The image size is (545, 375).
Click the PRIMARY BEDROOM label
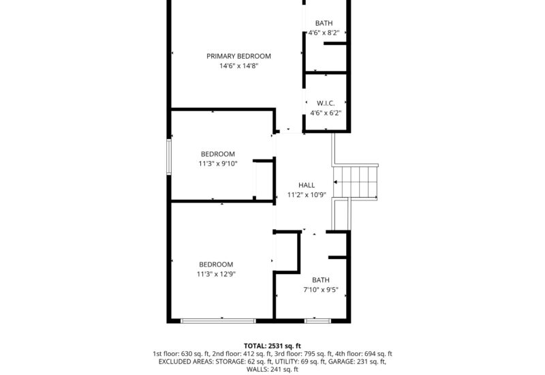[238, 56]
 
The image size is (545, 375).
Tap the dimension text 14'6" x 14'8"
[238, 66]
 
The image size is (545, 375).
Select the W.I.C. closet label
[326, 103]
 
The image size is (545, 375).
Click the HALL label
[307, 185]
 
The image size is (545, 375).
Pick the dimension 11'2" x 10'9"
[307, 194]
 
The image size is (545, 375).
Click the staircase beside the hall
[355, 181]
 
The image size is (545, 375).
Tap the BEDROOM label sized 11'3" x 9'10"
[217, 153]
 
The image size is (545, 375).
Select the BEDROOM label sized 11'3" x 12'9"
[216, 265]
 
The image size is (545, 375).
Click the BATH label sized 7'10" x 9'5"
[320, 280]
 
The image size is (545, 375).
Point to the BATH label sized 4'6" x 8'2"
[324, 23]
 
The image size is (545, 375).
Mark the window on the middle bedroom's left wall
[169, 157]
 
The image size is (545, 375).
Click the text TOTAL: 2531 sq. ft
[272, 346]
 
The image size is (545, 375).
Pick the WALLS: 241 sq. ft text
[272, 370]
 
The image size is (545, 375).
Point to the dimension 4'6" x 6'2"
[326, 113]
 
